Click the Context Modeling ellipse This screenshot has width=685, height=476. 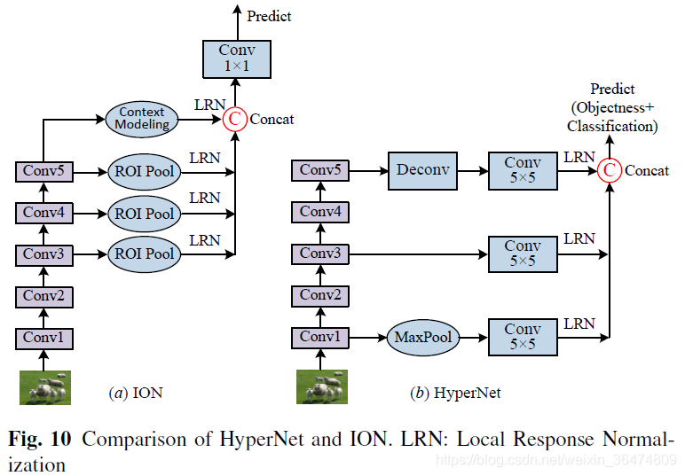point(142,119)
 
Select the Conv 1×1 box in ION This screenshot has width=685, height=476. point(237,59)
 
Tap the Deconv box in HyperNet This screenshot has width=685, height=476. point(423,170)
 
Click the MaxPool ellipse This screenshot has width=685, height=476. point(423,337)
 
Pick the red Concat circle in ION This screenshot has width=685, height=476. point(234,119)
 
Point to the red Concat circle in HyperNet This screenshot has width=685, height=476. point(610,170)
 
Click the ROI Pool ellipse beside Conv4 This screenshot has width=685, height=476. point(144,214)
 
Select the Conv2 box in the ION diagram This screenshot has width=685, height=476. point(44,297)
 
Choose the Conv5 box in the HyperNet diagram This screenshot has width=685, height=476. point(320,170)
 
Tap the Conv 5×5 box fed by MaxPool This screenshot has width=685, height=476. point(523,337)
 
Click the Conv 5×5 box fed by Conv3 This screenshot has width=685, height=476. point(523,254)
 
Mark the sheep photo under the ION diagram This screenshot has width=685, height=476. point(45,387)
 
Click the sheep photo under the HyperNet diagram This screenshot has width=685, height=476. point(322,386)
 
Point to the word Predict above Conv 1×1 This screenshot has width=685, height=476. point(269,16)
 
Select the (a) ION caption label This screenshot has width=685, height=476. point(136,393)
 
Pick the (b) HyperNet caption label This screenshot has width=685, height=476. point(455,393)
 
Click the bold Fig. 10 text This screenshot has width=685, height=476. point(40,439)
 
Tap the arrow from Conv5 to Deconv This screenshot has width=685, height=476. point(369,170)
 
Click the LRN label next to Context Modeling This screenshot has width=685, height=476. point(209,105)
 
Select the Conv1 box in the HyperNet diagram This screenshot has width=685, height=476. point(320,337)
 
